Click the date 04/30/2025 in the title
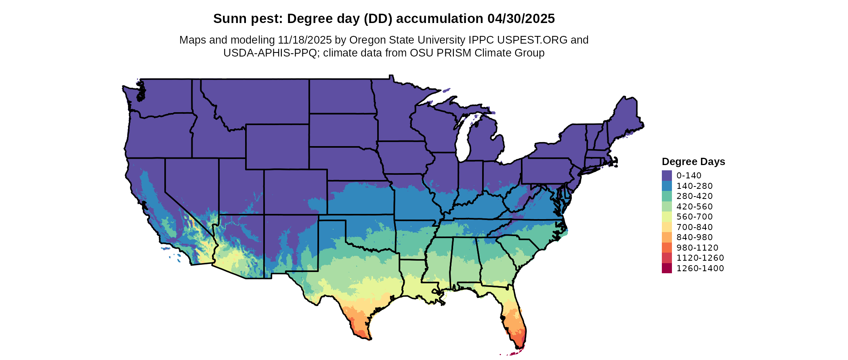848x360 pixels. [521, 19]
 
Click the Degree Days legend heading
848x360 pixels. [693, 161]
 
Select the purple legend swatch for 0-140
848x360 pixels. [667, 176]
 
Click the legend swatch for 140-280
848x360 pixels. [667, 186]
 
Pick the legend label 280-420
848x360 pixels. [695, 196]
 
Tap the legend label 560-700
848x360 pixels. [695, 217]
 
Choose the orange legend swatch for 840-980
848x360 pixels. [667, 237]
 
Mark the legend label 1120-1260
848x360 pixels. [700, 258]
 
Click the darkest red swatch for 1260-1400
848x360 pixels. [667, 268]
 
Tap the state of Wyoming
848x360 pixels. [277, 147]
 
